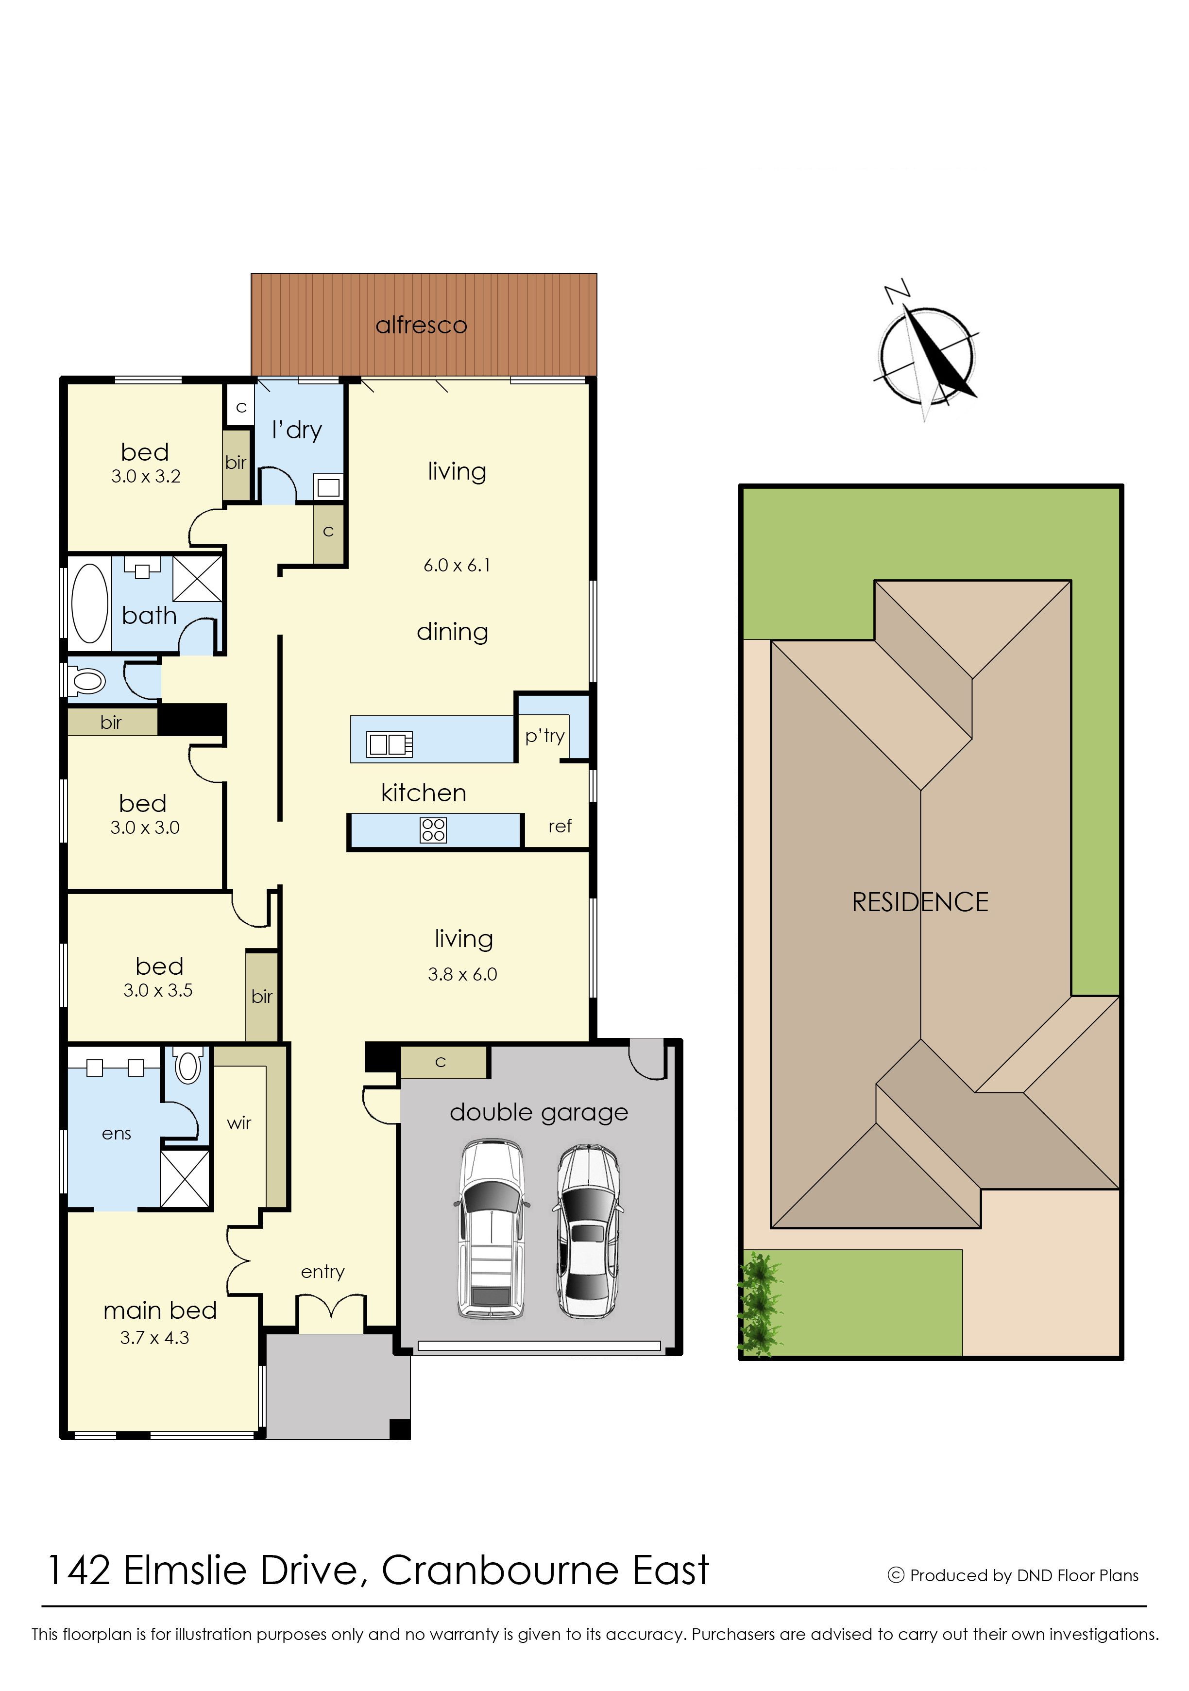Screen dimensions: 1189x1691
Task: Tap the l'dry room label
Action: pyautogui.click(x=297, y=430)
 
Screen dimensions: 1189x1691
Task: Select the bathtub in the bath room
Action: pyautogui.click(x=90, y=603)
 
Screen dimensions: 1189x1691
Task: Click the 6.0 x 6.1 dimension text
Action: pyautogui.click(x=457, y=565)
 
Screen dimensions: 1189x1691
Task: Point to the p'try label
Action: pyautogui.click(x=545, y=736)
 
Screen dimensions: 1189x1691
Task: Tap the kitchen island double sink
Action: pyautogui.click(x=390, y=744)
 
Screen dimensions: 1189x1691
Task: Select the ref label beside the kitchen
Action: pyautogui.click(x=560, y=827)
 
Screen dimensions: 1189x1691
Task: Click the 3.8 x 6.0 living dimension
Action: pyautogui.click(x=462, y=974)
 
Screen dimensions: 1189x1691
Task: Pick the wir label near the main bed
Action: pyautogui.click(x=239, y=1123)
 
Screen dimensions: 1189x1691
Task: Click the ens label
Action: pyautogui.click(x=116, y=1134)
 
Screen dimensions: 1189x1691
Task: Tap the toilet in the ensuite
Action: pyautogui.click(x=188, y=1065)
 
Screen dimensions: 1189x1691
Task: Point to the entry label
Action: pyautogui.click(x=323, y=1272)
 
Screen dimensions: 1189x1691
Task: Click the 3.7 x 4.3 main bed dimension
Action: pyautogui.click(x=154, y=1337)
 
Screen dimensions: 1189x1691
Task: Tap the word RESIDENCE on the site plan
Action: pyautogui.click(x=920, y=902)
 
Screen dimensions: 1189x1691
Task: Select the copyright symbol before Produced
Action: pyautogui.click(x=896, y=1575)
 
